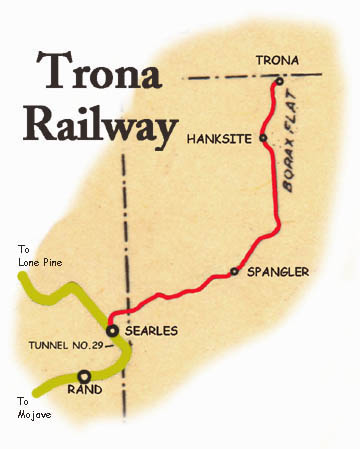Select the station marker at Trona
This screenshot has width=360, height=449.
pyautogui.click(x=280, y=79)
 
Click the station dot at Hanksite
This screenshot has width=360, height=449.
pyautogui.click(x=263, y=137)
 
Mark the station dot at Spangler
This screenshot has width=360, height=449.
pyautogui.click(x=234, y=271)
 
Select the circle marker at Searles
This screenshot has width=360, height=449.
pyautogui.click(x=113, y=329)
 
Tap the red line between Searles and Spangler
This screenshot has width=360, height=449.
pyautogui.click(x=180, y=291)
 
